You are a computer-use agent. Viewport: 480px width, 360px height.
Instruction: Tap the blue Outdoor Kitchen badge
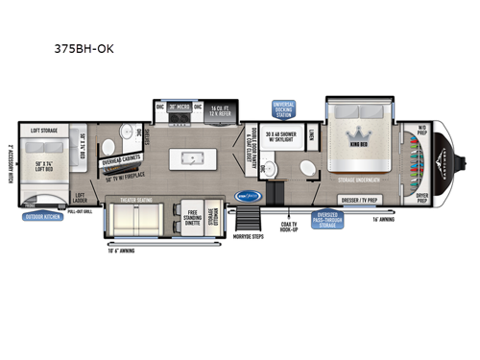click(41, 217)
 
